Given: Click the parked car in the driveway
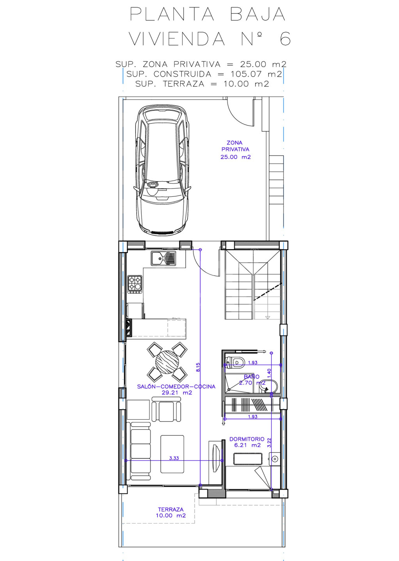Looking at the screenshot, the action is point(162,170).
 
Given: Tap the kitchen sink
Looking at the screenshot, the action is point(163,258).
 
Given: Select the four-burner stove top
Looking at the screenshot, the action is point(135,284).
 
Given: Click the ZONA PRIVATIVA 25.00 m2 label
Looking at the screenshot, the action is point(235,150).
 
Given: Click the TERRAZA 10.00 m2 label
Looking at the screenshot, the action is point(171,512).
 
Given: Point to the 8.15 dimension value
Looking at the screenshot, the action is point(198,367).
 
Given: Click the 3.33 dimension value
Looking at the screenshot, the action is point(174,458).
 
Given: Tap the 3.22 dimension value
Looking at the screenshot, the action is point(269,443).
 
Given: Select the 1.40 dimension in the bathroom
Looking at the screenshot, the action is point(269,373).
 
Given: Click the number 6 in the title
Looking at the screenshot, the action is point(285,39).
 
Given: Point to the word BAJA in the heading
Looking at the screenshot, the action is point(258,14).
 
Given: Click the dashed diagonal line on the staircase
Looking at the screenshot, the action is point(268,292).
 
